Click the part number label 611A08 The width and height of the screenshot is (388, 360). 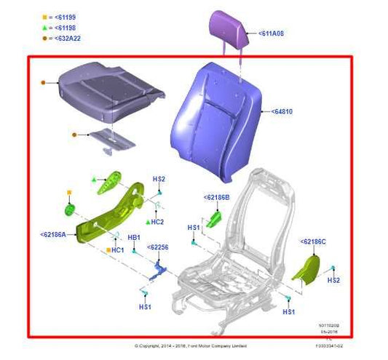coord(270,34)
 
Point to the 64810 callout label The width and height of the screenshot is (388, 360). coord(284,113)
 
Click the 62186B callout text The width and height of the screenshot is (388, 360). coord(216,197)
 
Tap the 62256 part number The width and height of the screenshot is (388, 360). coord(159,247)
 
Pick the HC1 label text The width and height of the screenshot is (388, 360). coord(117,250)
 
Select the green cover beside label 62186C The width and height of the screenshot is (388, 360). coord(306,268)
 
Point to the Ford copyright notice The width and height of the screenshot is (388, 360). coord(191,345)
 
